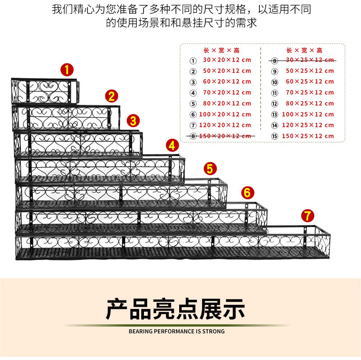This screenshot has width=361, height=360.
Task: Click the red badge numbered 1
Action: [67, 70]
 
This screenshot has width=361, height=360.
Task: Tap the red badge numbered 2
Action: [111, 96]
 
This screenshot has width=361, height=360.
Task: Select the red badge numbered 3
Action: [133, 121]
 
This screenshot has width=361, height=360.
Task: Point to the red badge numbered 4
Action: [172, 145]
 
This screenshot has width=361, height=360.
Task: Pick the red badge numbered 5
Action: [210, 168]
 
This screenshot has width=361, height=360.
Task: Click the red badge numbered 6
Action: [246, 192]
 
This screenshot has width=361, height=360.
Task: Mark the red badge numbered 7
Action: [307, 215]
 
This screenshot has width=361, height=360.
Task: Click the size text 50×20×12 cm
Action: [227, 71]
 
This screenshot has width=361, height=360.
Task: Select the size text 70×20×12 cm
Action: [227, 93]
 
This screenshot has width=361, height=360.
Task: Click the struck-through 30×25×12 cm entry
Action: [310, 60]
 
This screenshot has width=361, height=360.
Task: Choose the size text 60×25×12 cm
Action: [310, 82]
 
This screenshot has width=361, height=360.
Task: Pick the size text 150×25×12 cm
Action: [308, 136]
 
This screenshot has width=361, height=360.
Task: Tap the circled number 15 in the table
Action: [274, 136]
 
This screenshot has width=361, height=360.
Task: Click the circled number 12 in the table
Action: [274, 103]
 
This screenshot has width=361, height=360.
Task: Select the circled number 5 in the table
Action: [193, 104]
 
